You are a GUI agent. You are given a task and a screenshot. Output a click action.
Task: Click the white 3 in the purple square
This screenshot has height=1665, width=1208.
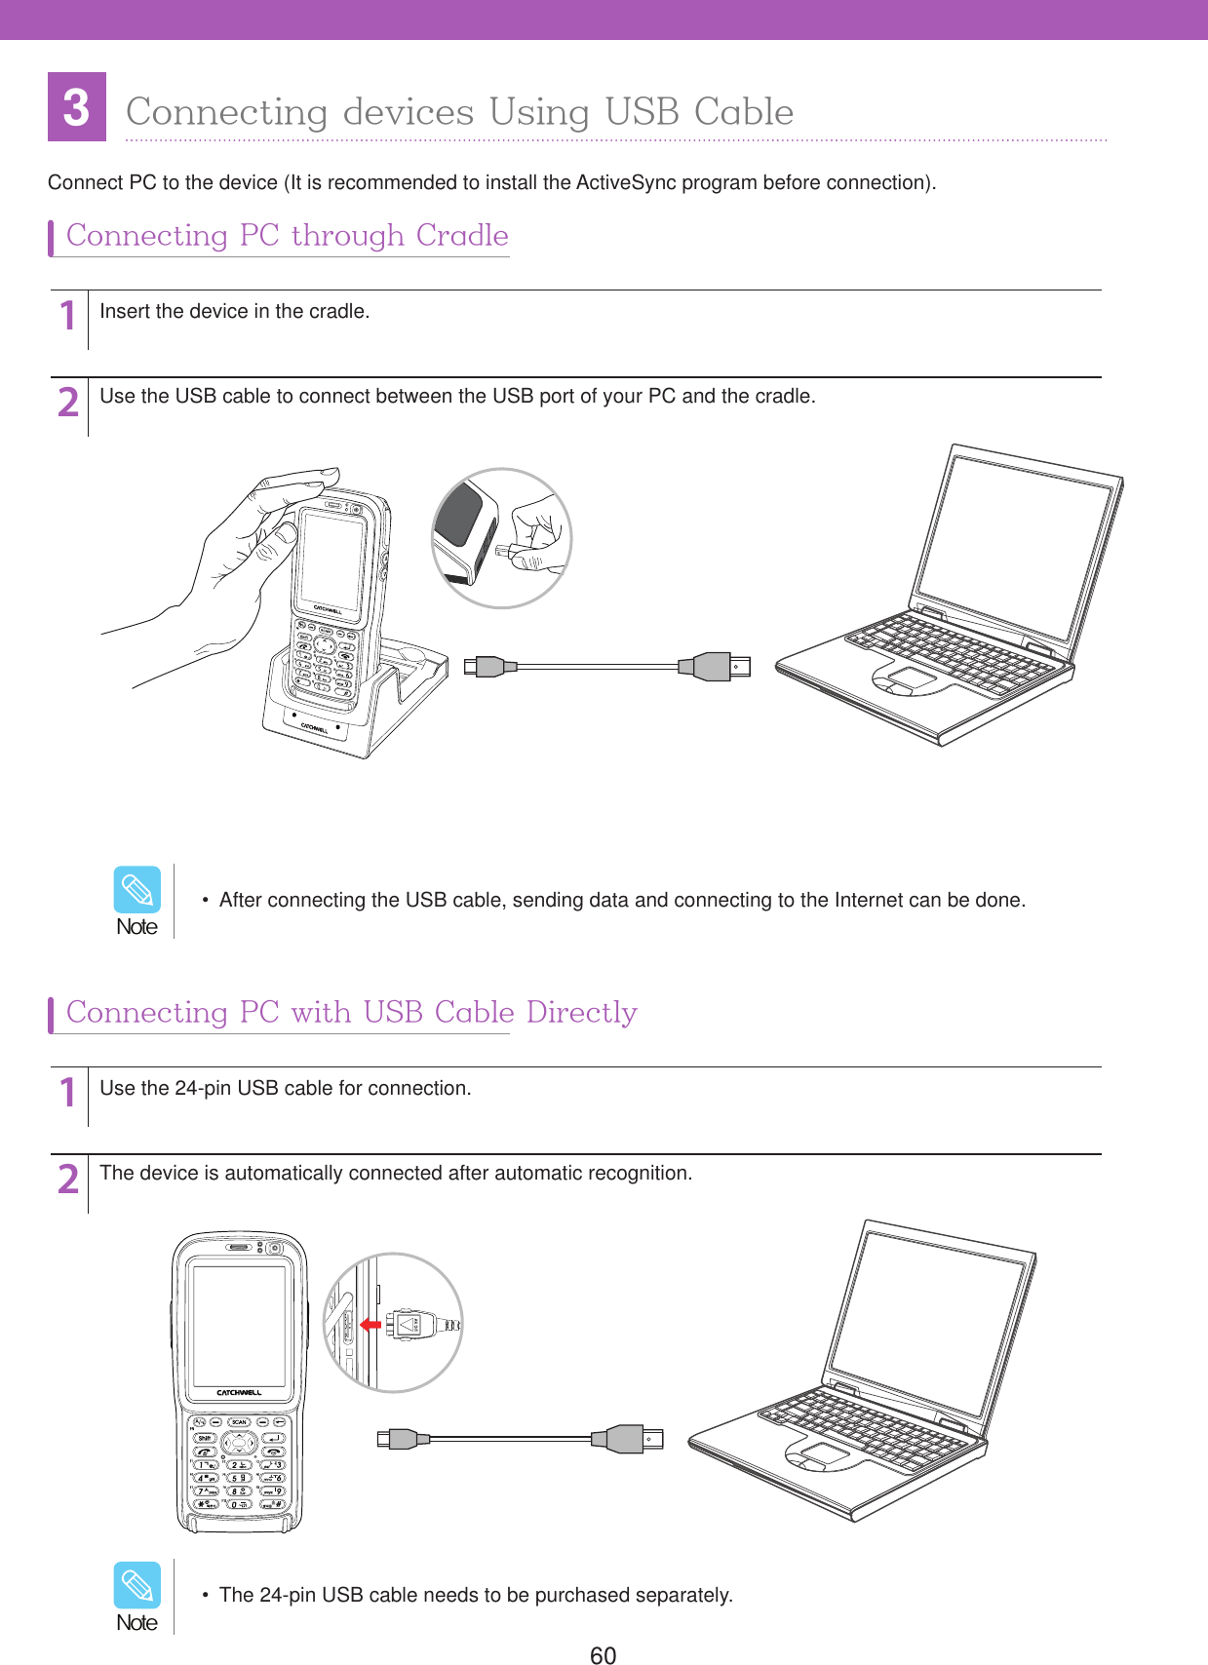(x=76, y=107)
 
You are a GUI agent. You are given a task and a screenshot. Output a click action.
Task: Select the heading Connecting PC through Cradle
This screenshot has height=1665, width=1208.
(x=287, y=236)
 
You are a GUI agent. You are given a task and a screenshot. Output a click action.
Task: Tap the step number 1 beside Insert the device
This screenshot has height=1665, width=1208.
(x=67, y=316)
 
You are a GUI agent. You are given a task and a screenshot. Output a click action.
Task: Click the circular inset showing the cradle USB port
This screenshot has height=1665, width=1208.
(x=501, y=538)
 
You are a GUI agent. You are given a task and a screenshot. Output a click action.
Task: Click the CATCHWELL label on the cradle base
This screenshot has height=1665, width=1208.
(x=314, y=727)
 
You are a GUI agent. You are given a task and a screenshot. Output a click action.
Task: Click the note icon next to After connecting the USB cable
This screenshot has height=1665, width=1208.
(x=136, y=890)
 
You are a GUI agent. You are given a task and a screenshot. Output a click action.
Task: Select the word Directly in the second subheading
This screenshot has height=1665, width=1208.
(x=581, y=1013)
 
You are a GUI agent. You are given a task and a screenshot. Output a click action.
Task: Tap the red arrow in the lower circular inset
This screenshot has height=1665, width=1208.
(x=370, y=1325)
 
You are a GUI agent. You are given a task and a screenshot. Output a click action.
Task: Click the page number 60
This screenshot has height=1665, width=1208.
(x=603, y=1654)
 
